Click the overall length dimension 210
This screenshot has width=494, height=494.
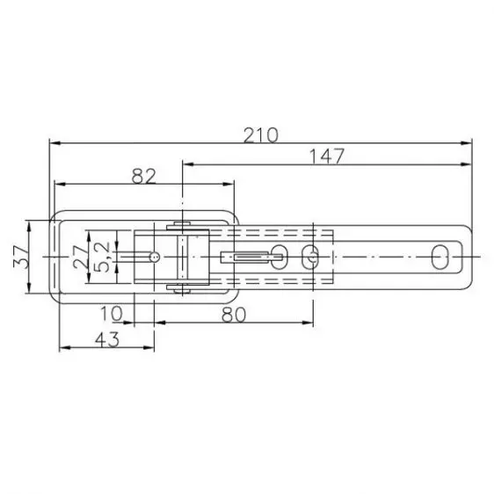[x=262, y=134]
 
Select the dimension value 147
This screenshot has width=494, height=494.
[x=325, y=156]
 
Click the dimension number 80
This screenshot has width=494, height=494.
[x=233, y=314]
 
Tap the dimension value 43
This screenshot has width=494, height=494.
[x=106, y=338]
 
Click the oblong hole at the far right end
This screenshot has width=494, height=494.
[x=440, y=257]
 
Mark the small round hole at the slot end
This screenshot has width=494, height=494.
[x=155, y=257]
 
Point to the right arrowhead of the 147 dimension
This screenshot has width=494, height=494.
[x=467, y=163]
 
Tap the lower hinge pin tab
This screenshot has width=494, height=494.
[x=180, y=288]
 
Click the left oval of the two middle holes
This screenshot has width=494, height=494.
[x=280, y=257]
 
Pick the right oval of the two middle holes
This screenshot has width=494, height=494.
[x=309, y=257]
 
